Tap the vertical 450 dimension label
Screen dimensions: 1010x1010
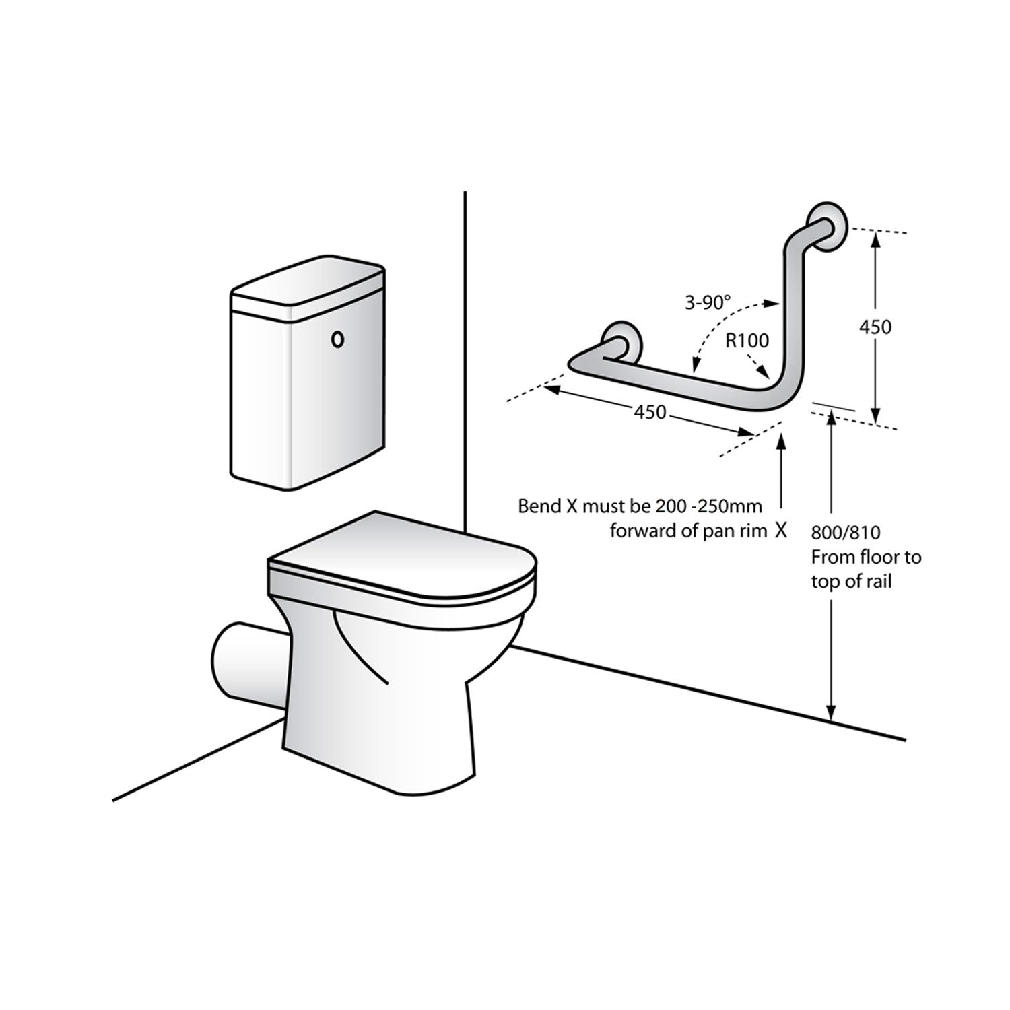point(875,327)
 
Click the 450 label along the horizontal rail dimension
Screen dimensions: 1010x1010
point(650,411)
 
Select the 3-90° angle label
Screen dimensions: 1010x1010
point(708,303)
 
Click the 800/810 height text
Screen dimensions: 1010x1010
point(846,533)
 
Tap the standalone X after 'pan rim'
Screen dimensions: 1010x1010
point(780,531)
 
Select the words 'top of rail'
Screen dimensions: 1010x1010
point(851,582)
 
